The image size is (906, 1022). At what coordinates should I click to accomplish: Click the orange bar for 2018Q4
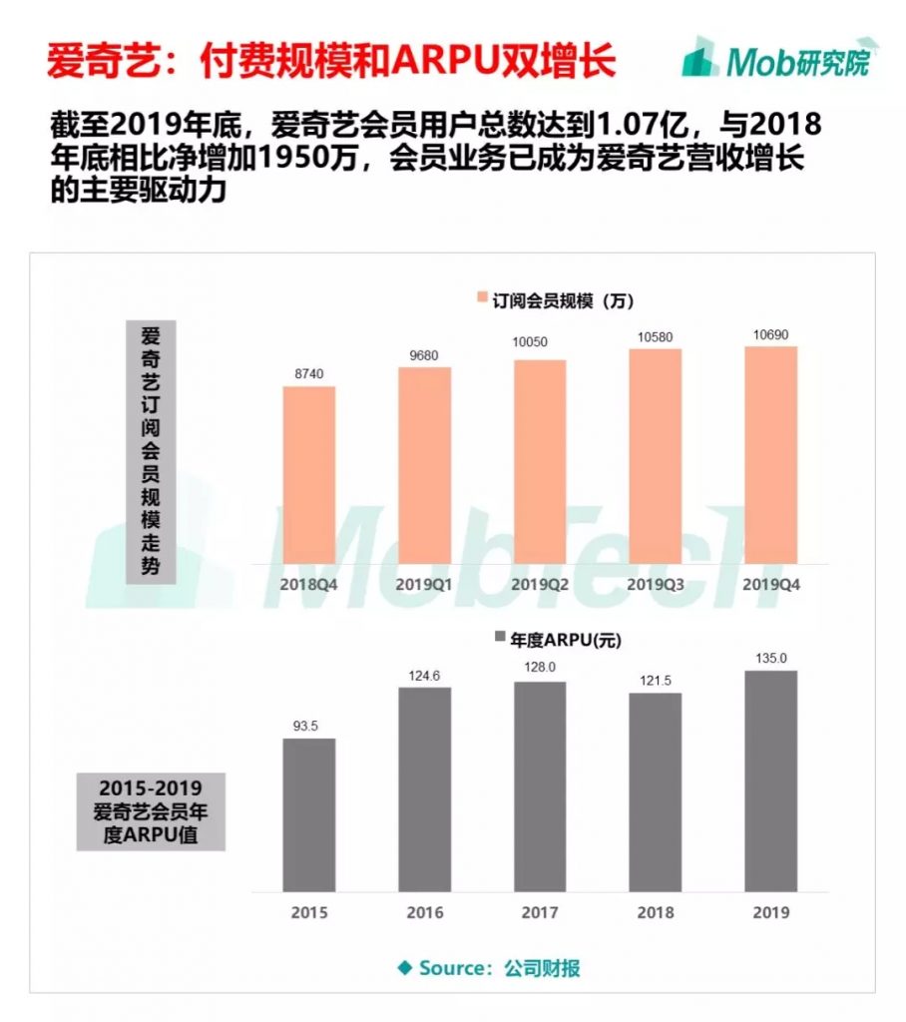click(x=309, y=475)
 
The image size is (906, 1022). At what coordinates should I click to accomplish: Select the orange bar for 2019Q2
click(x=540, y=462)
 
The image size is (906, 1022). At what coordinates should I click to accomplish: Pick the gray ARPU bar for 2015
click(x=309, y=814)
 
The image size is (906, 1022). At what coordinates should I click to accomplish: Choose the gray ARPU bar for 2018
click(x=656, y=791)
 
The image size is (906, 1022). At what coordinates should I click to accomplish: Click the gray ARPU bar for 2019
click(x=771, y=780)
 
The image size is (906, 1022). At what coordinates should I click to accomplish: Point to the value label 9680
click(x=424, y=354)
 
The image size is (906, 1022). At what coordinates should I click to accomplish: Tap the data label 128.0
click(x=540, y=669)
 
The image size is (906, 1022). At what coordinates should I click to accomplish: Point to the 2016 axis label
click(x=424, y=912)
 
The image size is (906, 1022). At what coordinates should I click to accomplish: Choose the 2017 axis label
click(x=540, y=912)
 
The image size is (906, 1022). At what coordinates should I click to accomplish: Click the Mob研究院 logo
click(x=776, y=60)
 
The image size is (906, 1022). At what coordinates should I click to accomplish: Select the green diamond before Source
click(x=404, y=967)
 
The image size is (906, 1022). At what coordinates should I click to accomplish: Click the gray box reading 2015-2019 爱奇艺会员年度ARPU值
click(x=151, y=809)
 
